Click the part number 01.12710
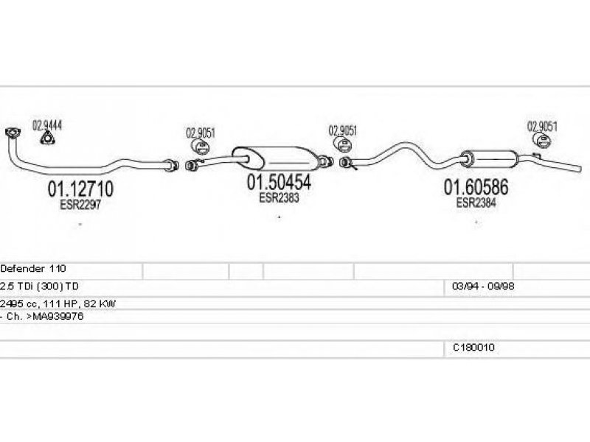click(81, 189)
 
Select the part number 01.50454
click(279, 183)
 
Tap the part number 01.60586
click(476, 188)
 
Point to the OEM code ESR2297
click(80, 206)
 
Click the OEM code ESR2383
click(278, 197)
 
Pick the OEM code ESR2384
click(476, 203)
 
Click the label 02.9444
click(46, 124)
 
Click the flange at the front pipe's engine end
click(12, 133)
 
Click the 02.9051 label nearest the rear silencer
click(542, 125)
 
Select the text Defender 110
click(34, 270)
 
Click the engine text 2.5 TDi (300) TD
click(40, 286)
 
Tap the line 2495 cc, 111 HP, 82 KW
click(58, 303)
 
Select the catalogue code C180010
click(473, 348)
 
